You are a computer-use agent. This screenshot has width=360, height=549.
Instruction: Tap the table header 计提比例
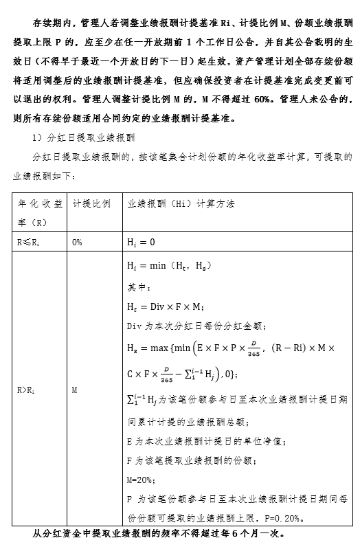[x=91, y=205]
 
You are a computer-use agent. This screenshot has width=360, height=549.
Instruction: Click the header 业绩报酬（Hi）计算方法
[x=181, y=205]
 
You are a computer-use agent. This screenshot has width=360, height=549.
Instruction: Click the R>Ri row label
[x=27, y=390]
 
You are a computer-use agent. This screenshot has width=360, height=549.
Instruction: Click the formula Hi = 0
[x=142, y=243]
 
